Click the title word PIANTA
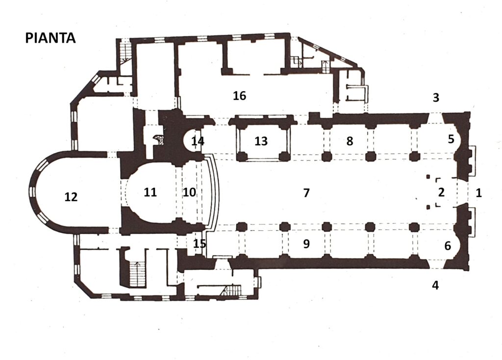tap(50, 38)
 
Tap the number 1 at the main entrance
tap(479, 192)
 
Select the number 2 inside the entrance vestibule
tap(442, 192)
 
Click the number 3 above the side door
tap(436, 97)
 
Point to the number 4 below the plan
tap(435, 285)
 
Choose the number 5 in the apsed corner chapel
tap(451, 139)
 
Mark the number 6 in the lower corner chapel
tap(448, 246)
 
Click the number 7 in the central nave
tap(306, 192)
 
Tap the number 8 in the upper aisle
tap(350, 141)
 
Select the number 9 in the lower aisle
tap(306, 244)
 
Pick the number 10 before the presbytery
tap(189, 192)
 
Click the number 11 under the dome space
tap(150, 192)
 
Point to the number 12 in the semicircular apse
tap(71, 196)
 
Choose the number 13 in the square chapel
tap(261, 141)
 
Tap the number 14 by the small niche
tap(198, 141)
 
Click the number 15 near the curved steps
tap(200, 244)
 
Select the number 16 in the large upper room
tap(239, 96)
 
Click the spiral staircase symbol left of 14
tap(159, 140)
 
